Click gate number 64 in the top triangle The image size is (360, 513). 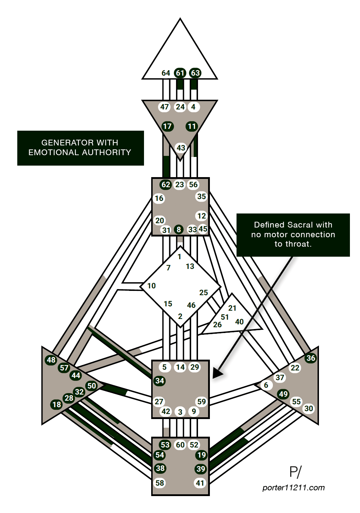coord(166,73)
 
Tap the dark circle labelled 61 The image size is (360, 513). coord(180,73)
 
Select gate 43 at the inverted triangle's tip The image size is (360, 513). coord(180,148)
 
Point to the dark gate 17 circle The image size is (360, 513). coord(167,126)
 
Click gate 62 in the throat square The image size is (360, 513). coord(166,185)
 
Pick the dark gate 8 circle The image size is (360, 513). coord(179,230)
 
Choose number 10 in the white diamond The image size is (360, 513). coord(152,285)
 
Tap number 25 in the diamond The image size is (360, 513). coord(203,292)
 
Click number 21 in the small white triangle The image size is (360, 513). coord(232,308)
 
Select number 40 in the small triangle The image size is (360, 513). coord(239,322)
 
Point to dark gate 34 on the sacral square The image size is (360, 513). coord(159,381)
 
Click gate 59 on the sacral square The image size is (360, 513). coord(202,402)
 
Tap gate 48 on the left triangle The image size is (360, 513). coord(51,360)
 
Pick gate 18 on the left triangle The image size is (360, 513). coord(57,404)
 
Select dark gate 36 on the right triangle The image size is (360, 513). coord(311,358)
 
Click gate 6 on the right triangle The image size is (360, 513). coord(266,385)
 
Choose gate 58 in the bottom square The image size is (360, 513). coord(160,483)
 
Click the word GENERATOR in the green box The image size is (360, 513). coord(62,143)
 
